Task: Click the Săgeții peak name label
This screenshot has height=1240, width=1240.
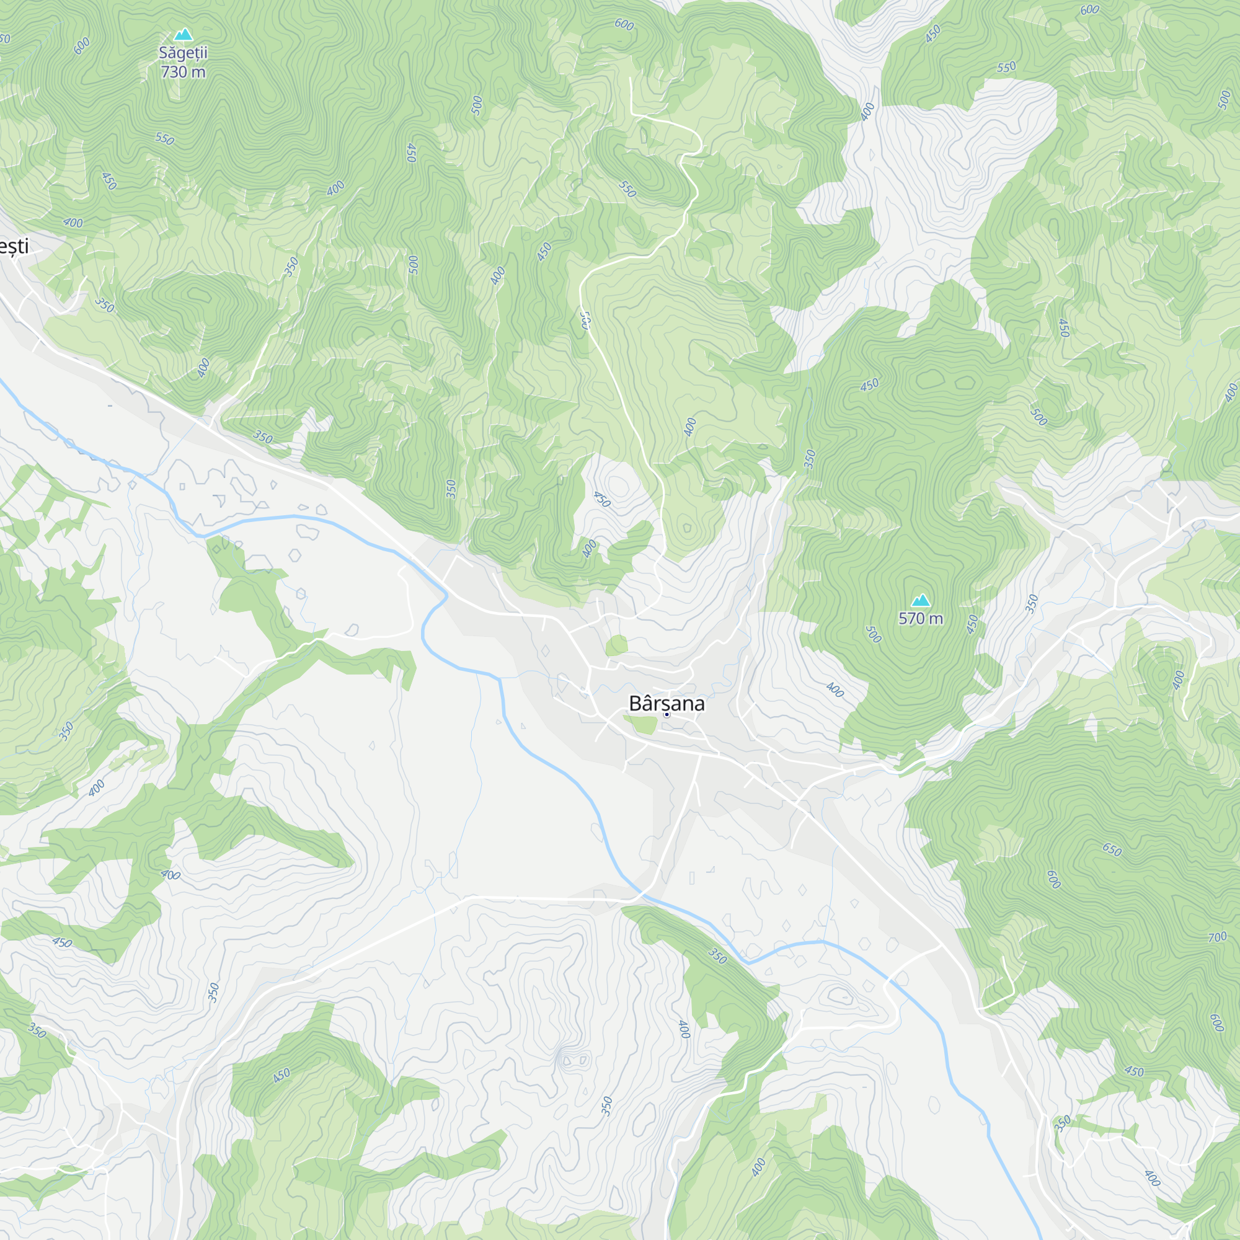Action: (x=183, y=53)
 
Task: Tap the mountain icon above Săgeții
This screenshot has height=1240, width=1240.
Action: (x=183, y=35)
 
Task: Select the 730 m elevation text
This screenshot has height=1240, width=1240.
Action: (x=183, y=72)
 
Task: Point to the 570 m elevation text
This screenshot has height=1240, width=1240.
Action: (x=920, y=619)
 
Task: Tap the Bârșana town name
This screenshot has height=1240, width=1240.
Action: (x=666, y=704)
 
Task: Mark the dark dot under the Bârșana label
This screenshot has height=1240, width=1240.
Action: (x=666, y=714)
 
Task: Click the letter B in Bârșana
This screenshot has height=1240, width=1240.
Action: (x=635, y=704)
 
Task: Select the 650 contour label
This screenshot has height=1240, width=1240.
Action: (x=1112, y=851)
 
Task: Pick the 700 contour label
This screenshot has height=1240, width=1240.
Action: (x=1217, y=937)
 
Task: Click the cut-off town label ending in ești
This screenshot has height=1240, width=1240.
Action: (x=14, y=247)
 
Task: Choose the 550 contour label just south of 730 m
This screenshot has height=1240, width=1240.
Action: (x=164, y=139)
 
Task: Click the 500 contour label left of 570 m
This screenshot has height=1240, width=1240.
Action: (x=874, y=635)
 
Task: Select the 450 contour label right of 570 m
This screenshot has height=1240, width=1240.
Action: (x=972, y=624)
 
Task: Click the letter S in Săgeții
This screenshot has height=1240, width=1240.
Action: (x=164, y=53)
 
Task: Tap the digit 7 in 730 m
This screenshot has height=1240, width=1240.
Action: (x=166, y=72)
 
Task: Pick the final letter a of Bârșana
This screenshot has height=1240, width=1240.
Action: (x=699, y=704)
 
